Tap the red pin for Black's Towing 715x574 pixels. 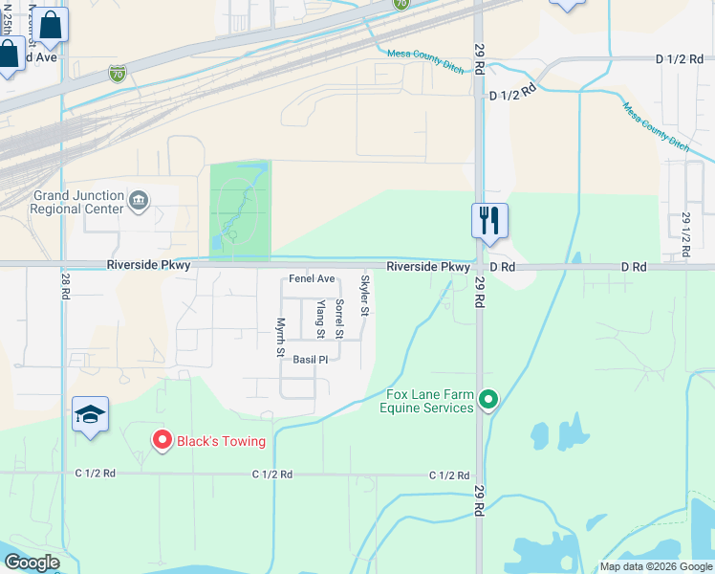(x=162, y=440)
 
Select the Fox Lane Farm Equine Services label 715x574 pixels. (x=429, y=401)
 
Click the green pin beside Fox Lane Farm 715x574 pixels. (x=489, y=398)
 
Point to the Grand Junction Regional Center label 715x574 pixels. (x=78, y=202)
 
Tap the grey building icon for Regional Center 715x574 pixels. (x=139, y=201)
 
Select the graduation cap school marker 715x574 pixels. (x=90, y=414)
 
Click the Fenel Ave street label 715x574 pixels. (x=313, y=279)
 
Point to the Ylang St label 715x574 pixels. (x=321, y=319)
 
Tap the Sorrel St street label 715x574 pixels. (x=339, y=319)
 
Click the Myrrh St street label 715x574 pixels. (x=281, y=337)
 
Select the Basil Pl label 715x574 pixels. (x=311, y=360)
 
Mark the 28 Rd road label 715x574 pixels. (x=65, y=284)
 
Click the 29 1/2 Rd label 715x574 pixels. (x=685, y=233)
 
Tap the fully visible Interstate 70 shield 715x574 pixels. (x=117, y=73)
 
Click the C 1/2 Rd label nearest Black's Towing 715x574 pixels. (x=96, y=473)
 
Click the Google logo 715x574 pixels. (x=32, y=563)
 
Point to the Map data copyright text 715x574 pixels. (x=657, y=566)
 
